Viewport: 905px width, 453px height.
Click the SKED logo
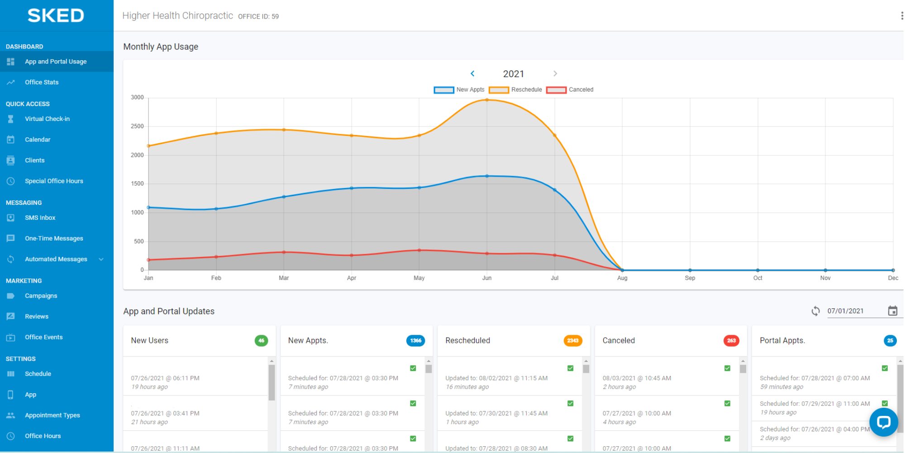click(56, 15)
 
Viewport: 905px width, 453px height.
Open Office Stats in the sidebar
click(42, 82)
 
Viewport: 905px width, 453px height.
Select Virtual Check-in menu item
click(47, 119)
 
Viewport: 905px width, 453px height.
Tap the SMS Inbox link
click(40, 217)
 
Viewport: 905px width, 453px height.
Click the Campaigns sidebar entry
click(41, 296)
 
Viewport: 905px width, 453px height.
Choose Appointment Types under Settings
click(52, 415)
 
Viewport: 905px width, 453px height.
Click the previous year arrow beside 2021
click(472, 73)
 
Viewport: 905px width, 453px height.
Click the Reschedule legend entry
click(516, 90)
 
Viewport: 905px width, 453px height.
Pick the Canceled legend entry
click(570, 90)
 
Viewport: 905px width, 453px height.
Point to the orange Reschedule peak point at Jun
click(487, 100)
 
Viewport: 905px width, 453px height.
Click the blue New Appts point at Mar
click(284, 197)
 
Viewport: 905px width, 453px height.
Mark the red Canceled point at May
click(419, 250)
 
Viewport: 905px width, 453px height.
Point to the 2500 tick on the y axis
click(137, 126)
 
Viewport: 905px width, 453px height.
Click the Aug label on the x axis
click(622, 278)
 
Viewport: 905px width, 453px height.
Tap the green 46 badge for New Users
click(261, 341)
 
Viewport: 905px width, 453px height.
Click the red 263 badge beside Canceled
click(731, 341)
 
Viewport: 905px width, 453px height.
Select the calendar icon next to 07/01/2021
click(892, 311)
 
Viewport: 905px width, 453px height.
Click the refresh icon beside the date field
click(815, 311)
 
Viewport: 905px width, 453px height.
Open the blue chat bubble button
click(883, 422)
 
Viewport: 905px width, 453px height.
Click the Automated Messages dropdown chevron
click(101, 259)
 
